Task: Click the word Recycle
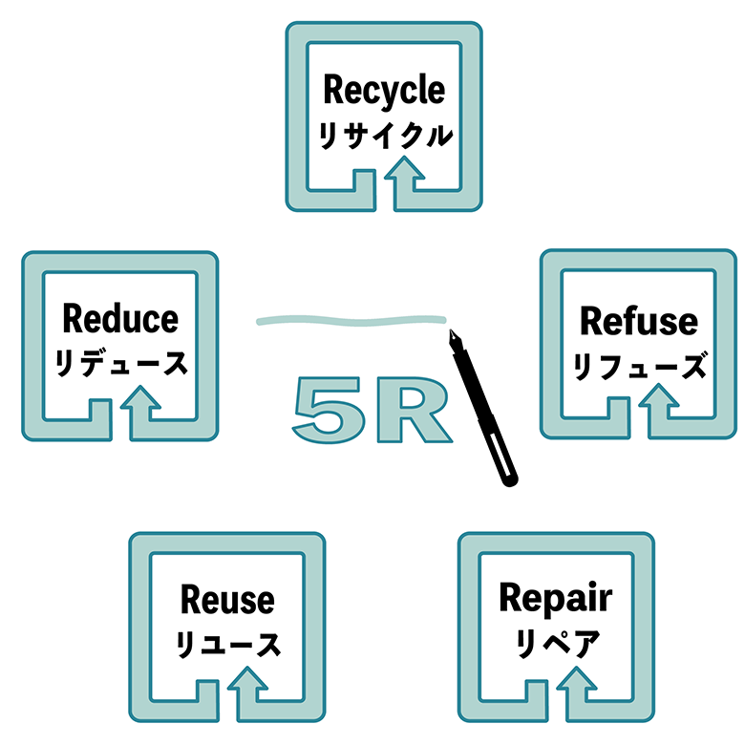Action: pyautogui.click(x=384, y=91)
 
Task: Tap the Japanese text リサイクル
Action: pyautogui.click(x=384, y=136)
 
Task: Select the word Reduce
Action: pyautogui.click(x=120, y=318)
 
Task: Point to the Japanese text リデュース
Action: pyautogui.click(x=120, y=363)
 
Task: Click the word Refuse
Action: pyautogui.click(x=639, y=321)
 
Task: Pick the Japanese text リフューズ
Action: pyautogui.click(x=639, y=366)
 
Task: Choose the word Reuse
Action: pyautogui.click(x=227, y=601)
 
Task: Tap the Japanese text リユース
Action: pyautogui.click(x=227, y=645)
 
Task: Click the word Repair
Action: pyautogui.click(x=556, y=599)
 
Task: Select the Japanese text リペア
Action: pyautogui.click(x=556, y=645)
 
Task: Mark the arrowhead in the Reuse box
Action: pyautogui.click(x=250, y=682)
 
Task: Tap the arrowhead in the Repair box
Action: pyautogui.click(x=579, y=682)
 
